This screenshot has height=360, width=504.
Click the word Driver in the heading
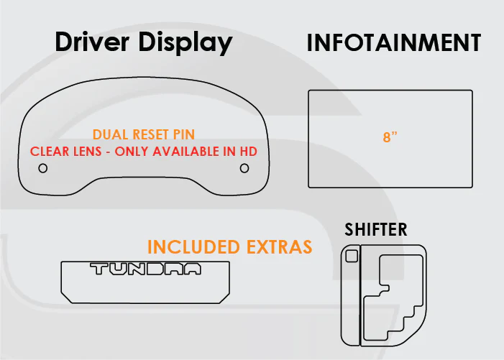click(92, 42)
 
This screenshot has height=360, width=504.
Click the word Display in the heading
click(185, 43)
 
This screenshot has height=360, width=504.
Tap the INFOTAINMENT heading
click(394, 42)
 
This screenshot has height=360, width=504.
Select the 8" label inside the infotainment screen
click(390, 137)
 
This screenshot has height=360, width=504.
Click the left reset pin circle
click(42, 168)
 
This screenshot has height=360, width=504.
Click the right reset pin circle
click(244, 168)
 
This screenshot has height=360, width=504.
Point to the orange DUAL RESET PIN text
click(144, 134)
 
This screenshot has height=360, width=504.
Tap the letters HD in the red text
click(249, 152)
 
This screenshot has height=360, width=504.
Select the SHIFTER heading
click(376, 229)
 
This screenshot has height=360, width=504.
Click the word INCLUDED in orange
click(193, 246)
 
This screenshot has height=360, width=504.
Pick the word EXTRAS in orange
click(280, 246)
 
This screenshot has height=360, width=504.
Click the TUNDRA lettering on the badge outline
click(145, 269)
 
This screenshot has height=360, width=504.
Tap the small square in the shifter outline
click(352, 256)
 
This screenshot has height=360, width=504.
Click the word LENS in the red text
click(88, 152)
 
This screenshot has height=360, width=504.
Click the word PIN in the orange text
click(184, 134)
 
